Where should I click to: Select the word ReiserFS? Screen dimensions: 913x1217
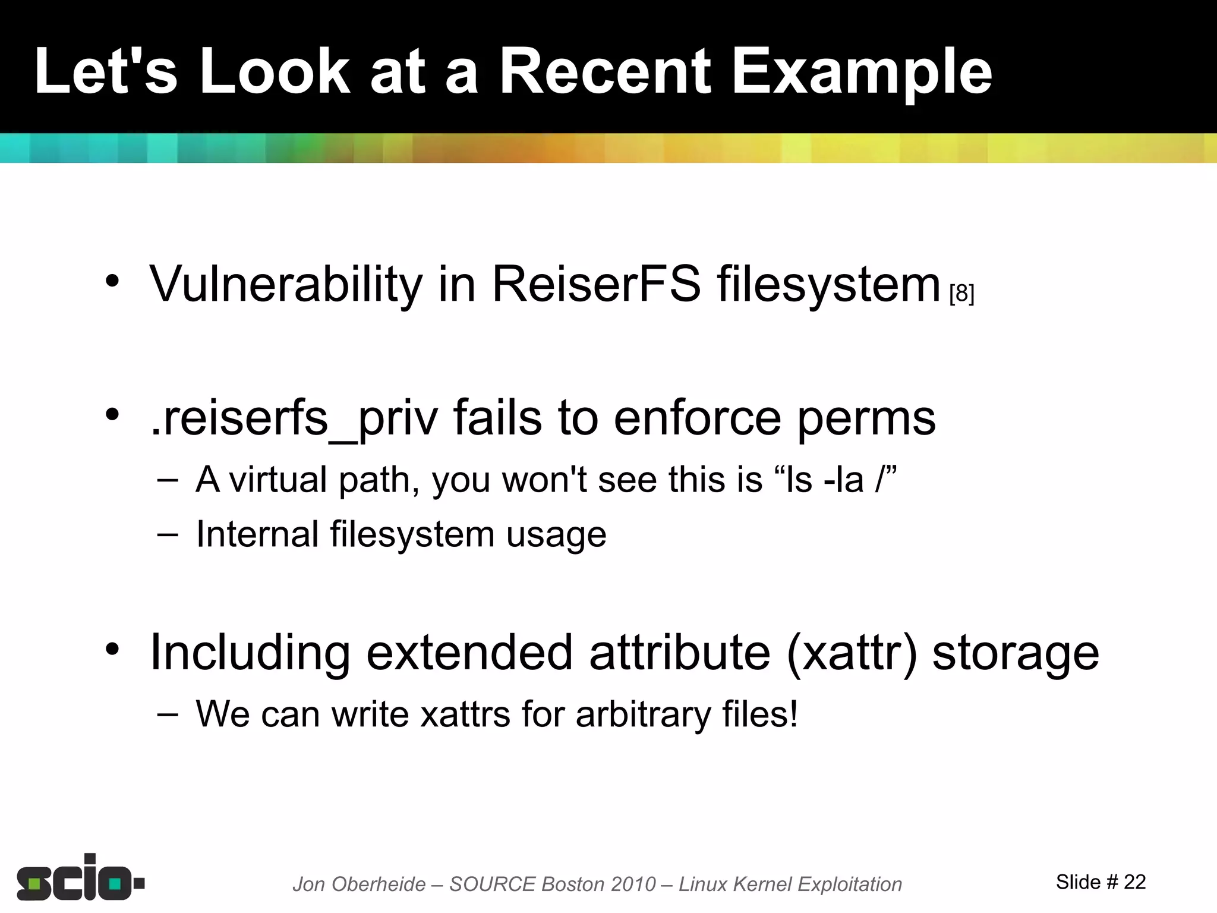click(596, 284)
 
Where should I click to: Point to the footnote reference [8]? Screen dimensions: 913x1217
click(961, 294)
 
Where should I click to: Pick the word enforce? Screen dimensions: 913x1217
click(696, 417)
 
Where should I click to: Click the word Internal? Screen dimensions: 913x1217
click(257, 533)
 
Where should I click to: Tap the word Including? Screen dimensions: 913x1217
click(250, 653)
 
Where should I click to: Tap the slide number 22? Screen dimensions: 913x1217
click(1134, 882)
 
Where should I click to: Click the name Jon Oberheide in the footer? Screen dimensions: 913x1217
click(359, 884)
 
